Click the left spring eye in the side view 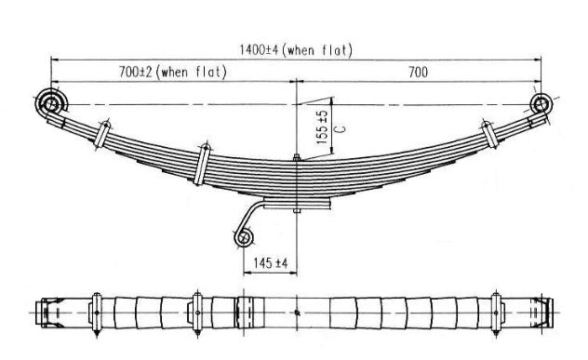coord(50,100)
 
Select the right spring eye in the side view coord(541,102)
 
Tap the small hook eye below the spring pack coord(244,238)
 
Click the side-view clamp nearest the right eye coord(486,134)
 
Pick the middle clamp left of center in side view coord(203,165)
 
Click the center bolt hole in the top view coord(296,312)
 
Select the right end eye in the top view coord(546,312)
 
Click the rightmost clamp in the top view coord(495,312)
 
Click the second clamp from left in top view coord(196,312)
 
